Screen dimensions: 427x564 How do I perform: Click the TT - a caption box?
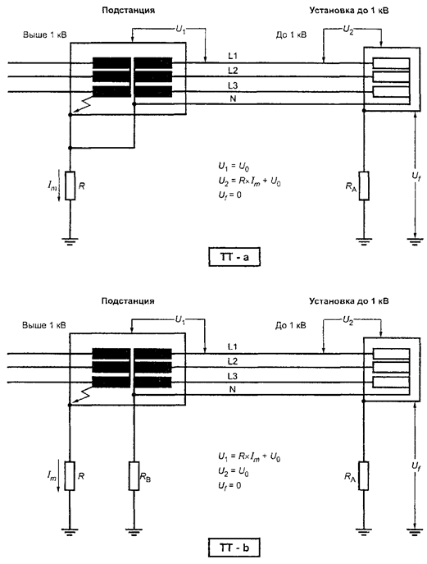pyautogui.click(x=234, y=257)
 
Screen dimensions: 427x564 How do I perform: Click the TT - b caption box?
pyautogui.click(x=234, y=548)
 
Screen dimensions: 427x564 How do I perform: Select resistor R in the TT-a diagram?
pyautogui.click(x=70, y=186)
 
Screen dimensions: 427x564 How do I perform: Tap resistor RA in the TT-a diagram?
pyautogui.click(x=363, y=186)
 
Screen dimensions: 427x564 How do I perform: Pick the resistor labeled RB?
pyautogui.click(x=134, y=476)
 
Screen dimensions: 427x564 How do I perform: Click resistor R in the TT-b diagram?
pyautogui.click(x=70, y=476)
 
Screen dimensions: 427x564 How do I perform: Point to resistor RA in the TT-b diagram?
pyautogui.click(x=363, y=476)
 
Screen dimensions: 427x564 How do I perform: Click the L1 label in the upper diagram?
pyautogui.click(x=233, y=56)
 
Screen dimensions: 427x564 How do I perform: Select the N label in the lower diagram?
pyautogui.click(x=233, y=389)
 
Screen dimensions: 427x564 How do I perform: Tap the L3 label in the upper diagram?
pyautogui.click(x=233, y=85)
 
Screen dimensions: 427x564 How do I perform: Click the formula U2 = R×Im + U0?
pyautogui.click(x=250, y=182)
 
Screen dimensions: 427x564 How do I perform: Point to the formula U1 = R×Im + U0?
pyautogui.click(x=249, y=457)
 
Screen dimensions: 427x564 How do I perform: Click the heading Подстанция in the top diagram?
pyautogui.click(x=129, y=10)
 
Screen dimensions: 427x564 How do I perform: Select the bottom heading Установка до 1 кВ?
pyautogui.click(x=348, y=300)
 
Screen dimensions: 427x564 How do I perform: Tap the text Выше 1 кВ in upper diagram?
pyautogui.click(x=45, y=34)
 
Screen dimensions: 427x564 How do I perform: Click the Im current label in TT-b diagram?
pyautogui.click(x=52, y=477)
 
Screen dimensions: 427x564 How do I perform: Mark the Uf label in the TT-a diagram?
pyautogui.click(x=416, y=177)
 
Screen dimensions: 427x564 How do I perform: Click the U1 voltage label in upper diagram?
pyautogui.click(x=180, y=30)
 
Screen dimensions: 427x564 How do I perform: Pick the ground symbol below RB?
pyautogui.click(x=134, y=530)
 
